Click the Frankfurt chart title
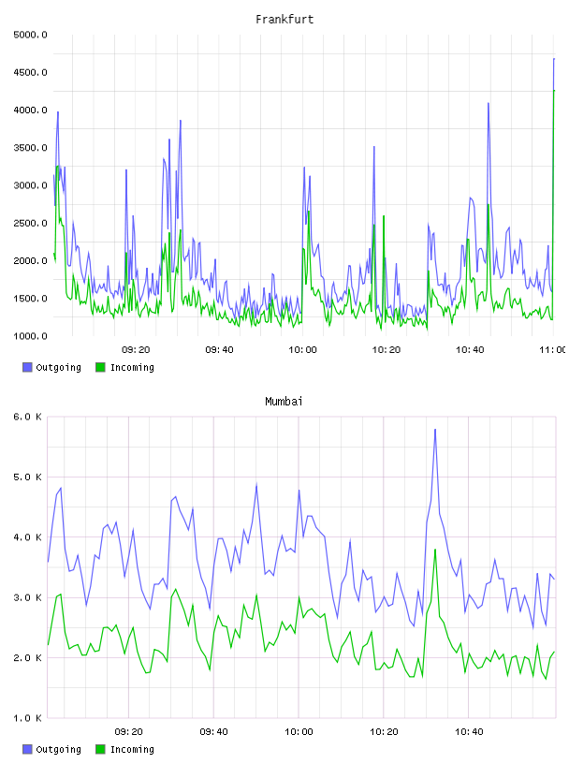point(284,20)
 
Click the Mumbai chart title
point(284,402)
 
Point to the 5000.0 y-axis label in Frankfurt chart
point(30,35)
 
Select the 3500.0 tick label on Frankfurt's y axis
point(30,148)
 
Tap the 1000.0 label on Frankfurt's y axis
point(30,336)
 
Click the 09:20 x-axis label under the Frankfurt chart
point(136,350)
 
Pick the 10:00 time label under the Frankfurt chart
point(302,350)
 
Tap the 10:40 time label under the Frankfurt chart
point(470,350)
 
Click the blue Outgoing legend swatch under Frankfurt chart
point(27,367)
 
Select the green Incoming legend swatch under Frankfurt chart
point(100,367)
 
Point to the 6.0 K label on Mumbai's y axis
point(27,417)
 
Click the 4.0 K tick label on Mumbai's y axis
point(27,537)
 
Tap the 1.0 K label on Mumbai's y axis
point(27,718)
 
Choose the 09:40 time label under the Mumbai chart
point(214,732)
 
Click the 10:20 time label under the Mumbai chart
point(384,732)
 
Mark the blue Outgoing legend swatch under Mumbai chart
point(27,749)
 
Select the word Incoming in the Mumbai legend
point(132,750)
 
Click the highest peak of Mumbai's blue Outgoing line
point(435,429)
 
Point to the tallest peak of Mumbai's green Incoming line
point(435,550)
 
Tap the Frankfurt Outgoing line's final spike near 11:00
point(554,58)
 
